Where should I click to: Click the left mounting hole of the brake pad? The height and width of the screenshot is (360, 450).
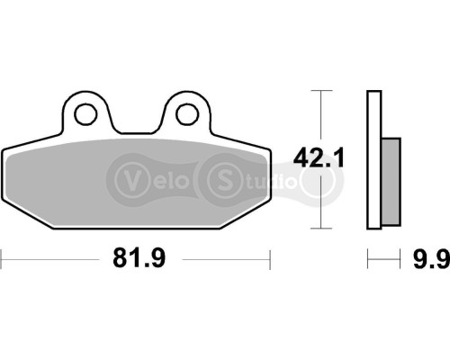(x=86, y=113)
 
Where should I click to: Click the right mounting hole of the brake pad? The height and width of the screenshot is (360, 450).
(x=187, y=113)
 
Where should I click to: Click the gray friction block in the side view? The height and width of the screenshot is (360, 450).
(x=391, y=183)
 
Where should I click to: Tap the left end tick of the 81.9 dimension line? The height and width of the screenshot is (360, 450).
(x=2, y=260)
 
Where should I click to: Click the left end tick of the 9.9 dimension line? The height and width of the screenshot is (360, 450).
(x=367, y=260)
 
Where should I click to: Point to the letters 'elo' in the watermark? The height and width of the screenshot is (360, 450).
(x=166, y=175)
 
